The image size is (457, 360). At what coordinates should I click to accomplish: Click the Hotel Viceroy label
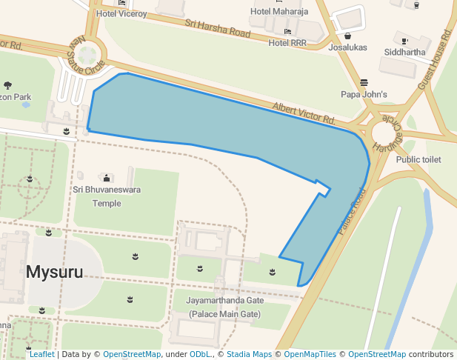click(121, 13)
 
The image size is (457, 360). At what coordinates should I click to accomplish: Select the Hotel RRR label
click(287, 43)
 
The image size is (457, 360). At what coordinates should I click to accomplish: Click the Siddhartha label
click(404, 52)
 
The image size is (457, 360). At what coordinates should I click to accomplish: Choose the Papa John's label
click(364, 94)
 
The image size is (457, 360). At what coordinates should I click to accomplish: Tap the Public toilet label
click(418, 159)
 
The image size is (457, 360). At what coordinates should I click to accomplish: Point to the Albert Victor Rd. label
click(304, 113)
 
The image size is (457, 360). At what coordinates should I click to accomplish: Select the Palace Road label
click(353, 212)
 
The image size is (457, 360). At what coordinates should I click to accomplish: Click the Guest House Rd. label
click(435, 59)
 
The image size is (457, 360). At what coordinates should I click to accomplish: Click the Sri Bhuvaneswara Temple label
click(107, 196)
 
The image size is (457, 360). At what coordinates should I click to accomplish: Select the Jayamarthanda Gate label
click(224, 307)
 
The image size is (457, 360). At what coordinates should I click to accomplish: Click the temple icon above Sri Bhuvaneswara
click(107, 178)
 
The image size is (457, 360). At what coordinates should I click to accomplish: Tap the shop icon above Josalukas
click(348, 35)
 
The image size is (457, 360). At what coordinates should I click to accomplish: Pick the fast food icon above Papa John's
click(364, 82)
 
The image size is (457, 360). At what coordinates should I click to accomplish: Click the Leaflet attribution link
click(41, 354)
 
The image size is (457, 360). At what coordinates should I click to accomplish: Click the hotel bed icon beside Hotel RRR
click(287, 32)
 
